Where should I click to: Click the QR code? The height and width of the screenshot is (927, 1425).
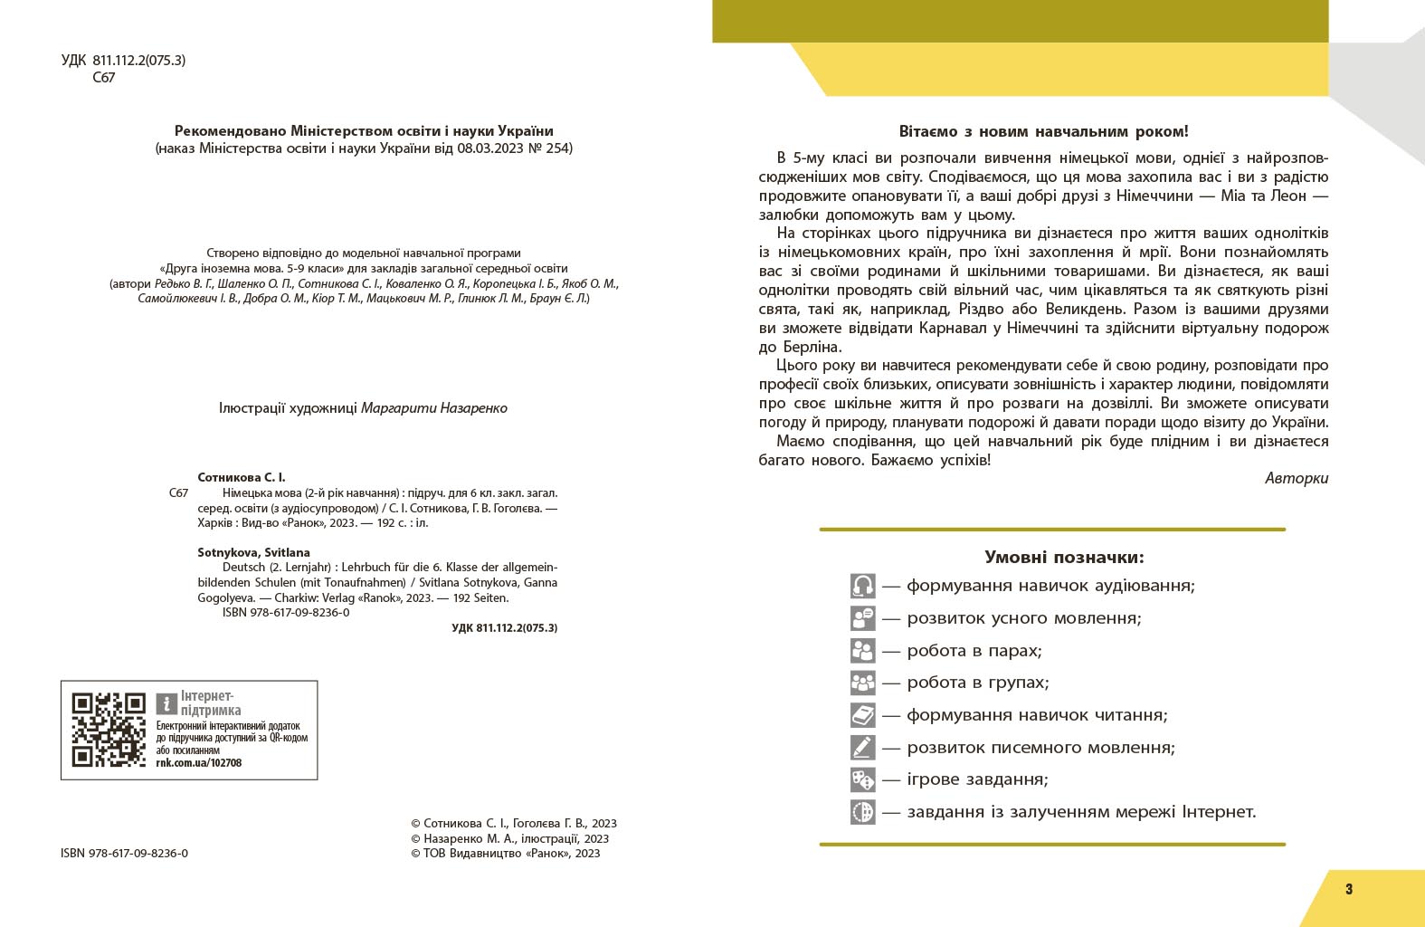tap(109, 729)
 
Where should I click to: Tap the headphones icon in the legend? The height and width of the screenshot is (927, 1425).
tap(862, 586)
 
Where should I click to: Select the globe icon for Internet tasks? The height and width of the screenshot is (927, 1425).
tap(862, 811)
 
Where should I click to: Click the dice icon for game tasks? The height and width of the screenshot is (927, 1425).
tap(862, 779)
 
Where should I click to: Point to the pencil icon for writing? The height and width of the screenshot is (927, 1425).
tap(862, 748)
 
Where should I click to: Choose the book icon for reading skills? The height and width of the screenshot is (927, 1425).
tap(862, 715)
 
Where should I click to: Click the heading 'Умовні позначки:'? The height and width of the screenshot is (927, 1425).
tap(1064, 557)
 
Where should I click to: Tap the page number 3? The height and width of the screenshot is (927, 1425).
tap(1349, 889)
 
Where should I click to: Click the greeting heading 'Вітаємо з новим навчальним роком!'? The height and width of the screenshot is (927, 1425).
tap(1044, 131)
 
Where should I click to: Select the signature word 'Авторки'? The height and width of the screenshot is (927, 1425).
tap(1297, 478)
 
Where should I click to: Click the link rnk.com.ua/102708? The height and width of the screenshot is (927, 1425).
tap(198, 762)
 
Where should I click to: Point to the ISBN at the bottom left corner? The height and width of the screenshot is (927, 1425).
tap(125, 853)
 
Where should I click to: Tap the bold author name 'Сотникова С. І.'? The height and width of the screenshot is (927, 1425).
tap(242, 477)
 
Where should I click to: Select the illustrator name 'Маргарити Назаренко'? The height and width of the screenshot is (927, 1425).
tap(433, 407)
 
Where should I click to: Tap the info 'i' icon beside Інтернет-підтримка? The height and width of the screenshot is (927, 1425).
tap(166, 703)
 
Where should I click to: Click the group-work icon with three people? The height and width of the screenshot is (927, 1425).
tap(862, 683)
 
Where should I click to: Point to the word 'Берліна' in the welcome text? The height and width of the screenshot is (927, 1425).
tap(813, 347)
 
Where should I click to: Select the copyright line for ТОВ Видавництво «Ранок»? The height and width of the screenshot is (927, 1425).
tap(505, 853)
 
